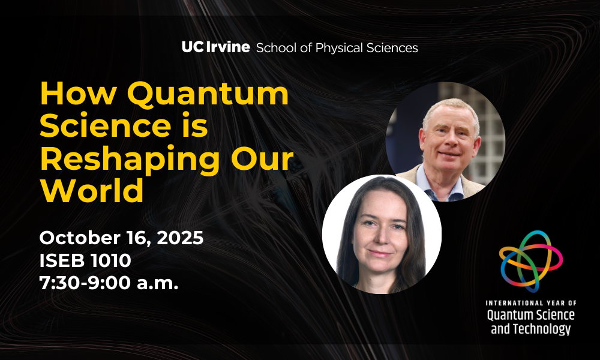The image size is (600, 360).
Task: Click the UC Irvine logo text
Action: [216, 47]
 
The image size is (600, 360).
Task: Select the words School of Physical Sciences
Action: [337, 48]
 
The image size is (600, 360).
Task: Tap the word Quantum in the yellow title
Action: [208, 94]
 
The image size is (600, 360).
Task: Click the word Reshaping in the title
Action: [130, 160]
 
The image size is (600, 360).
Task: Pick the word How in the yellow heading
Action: [79, 94]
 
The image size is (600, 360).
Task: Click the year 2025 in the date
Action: [180, 238]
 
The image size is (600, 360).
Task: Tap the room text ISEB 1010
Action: [85, 260]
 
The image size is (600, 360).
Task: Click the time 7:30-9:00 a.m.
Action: [109, 283]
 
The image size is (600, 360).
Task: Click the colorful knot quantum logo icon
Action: [531, 261]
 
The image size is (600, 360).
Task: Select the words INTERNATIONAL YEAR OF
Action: [531, 303]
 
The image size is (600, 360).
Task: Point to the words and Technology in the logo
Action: [531, 329]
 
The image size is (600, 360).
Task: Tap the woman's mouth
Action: [379, 253]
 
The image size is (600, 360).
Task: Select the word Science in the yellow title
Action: [106, 126]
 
